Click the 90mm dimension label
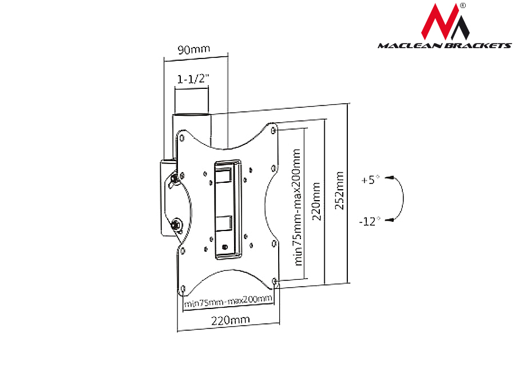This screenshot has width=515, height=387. point(193,49)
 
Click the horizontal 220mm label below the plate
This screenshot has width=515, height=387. point(228,321)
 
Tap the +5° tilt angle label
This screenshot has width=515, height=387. point(370,179)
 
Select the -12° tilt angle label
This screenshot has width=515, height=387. point(370,221)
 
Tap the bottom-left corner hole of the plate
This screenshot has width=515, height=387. point(182,288)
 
